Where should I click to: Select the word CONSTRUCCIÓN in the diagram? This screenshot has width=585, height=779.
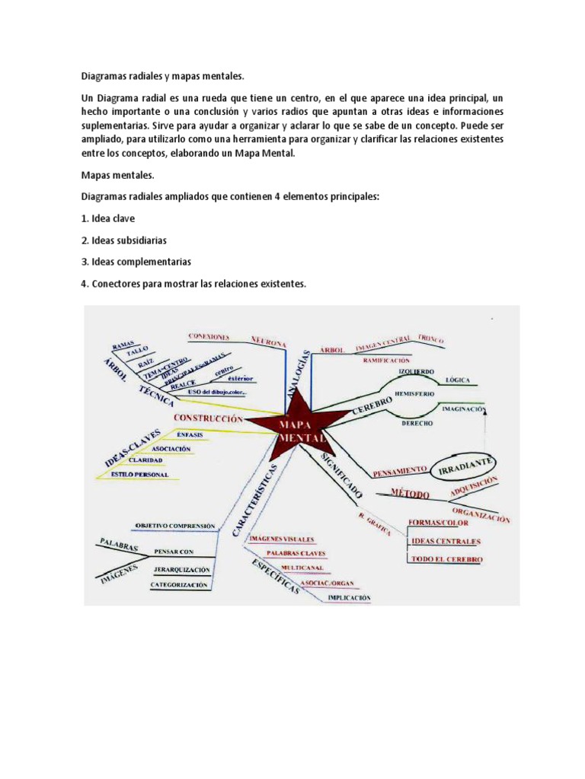208,418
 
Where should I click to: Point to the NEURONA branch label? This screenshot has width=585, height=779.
269,342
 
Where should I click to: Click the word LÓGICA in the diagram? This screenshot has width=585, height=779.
457,379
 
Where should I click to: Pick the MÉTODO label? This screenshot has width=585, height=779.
411,494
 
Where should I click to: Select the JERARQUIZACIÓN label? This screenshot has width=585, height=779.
181,568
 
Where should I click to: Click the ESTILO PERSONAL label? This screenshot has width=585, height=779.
139,474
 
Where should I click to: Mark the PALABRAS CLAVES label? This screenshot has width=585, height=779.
296,553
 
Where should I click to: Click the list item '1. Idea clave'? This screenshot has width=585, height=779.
108,218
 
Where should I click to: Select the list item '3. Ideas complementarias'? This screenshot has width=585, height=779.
136,262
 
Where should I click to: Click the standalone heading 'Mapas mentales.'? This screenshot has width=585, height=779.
118,175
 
